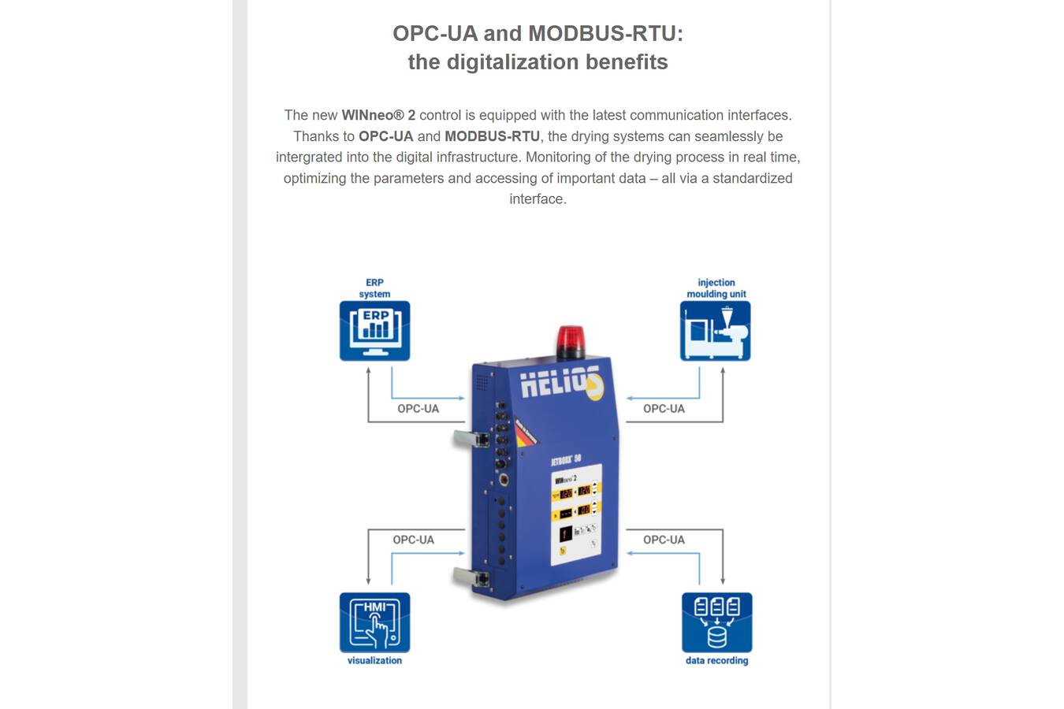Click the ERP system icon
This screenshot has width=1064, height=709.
coord(374,331)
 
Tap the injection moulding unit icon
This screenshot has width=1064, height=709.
coord(715,331)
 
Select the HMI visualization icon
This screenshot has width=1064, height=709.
coord(374,622)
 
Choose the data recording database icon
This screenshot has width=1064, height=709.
coord(716,622)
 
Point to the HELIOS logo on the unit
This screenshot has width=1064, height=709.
coord(560,383)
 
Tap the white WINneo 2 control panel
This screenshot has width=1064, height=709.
coord(575,514)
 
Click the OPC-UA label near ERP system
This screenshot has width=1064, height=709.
coord(418,409)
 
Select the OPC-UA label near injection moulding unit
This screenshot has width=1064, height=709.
coord(664,409)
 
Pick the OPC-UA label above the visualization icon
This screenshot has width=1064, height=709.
coord(413,540)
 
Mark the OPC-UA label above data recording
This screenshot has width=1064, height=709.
coord(664,540)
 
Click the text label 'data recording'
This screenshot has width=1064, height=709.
coord(716,660)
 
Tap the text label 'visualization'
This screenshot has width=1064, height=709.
coord(374,660)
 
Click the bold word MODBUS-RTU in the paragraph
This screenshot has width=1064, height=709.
coord(492,136)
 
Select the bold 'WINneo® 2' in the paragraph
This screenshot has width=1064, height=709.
coord(378,115)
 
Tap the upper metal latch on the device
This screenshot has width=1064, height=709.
coord(471,437)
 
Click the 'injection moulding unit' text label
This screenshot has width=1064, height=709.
coord(716,288)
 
